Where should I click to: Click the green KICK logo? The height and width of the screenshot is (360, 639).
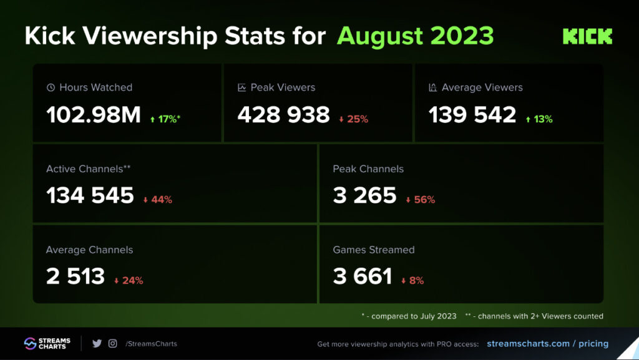point(587,36)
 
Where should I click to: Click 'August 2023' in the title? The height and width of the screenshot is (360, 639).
point(415,36)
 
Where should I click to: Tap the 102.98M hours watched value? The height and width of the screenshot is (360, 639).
point(94,115)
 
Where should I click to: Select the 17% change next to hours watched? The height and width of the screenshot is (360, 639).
point(165,119)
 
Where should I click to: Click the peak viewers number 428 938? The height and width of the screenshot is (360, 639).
point(283,115)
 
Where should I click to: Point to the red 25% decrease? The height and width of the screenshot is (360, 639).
point(354,119)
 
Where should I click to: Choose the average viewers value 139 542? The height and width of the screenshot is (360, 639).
point(472,115)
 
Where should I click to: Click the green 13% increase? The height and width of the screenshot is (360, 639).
point(539,119)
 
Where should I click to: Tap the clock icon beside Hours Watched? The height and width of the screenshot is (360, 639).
point(51,88)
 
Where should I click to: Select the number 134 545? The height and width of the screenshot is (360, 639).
point(90,195)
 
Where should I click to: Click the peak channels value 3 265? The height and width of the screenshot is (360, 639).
point(364,195)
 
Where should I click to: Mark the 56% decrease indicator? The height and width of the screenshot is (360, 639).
point(420,200)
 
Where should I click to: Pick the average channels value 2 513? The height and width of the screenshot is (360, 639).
point(76,276)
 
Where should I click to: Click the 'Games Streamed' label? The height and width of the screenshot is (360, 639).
point(373,250)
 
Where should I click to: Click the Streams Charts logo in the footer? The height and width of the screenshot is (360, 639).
point(47,343)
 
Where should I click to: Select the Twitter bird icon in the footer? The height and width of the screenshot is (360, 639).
point(97,343)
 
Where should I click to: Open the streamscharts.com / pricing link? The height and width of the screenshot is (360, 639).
point(547,343)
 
